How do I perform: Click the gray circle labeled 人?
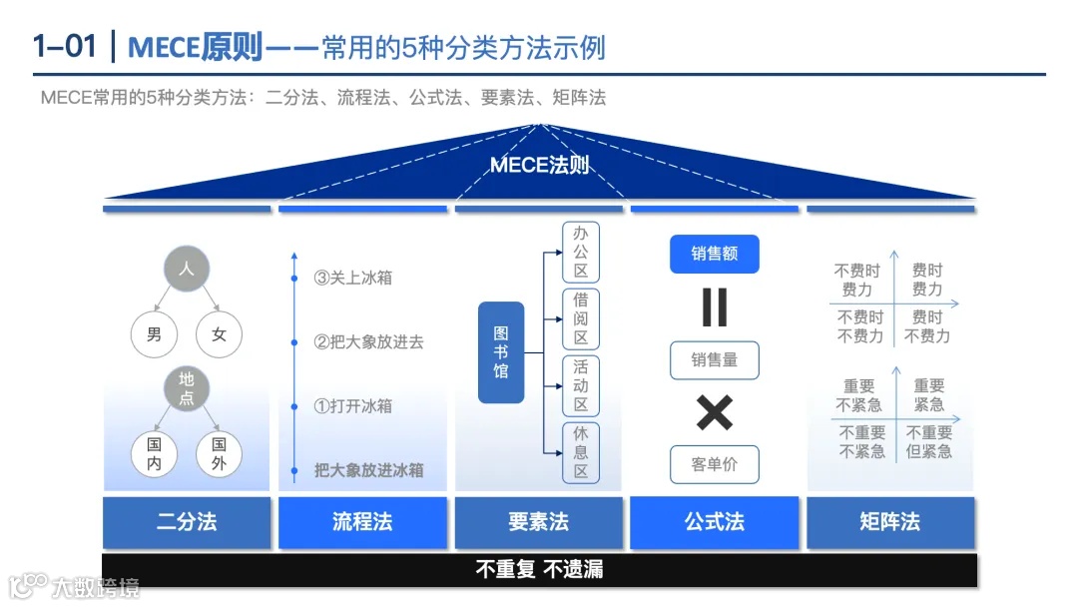187,270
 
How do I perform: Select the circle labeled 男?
154,334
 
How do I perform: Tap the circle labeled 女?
219,334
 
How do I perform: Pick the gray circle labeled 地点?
187,389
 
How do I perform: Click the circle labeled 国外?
219,453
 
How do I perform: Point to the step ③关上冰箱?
353,278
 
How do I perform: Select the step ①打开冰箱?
353,406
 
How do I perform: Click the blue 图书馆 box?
501,352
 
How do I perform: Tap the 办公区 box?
581,253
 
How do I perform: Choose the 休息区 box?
581,452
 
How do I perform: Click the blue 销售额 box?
715,255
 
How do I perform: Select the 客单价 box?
715,465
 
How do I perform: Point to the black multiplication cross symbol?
715,412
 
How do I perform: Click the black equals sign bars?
715,307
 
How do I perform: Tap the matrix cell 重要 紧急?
929,395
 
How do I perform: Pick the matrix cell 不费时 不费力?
860,326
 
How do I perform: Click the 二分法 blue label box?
187,521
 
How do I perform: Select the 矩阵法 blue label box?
890,521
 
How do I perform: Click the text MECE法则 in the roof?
540,166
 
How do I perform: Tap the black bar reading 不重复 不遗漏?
539,570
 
